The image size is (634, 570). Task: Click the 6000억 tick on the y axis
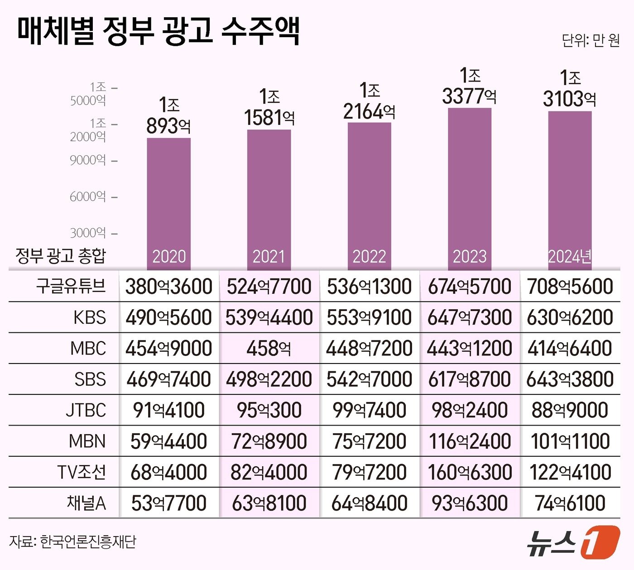88,196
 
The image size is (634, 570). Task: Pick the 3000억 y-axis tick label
88,233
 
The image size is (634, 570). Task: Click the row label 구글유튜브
71,286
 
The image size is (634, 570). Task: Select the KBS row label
90,317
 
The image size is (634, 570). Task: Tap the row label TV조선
82,472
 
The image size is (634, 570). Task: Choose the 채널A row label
86,503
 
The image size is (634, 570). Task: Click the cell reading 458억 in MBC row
269,348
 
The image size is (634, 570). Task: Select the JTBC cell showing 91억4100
168,410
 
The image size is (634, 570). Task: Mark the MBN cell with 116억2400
470,441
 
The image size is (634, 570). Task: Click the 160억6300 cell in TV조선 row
470,472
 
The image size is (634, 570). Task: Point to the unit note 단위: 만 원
591,40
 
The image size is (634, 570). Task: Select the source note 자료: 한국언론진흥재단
72,541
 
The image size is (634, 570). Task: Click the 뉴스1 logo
573,542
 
